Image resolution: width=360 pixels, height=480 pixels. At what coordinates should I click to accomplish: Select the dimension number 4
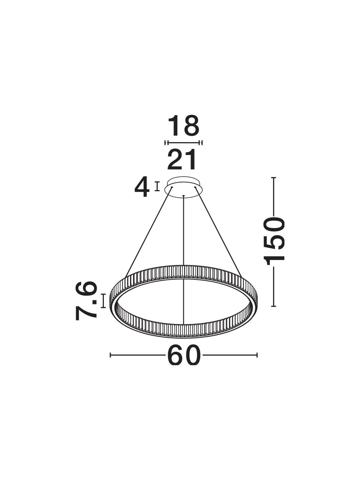pos(142,186)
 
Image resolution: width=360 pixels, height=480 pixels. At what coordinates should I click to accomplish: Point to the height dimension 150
pos(274,241)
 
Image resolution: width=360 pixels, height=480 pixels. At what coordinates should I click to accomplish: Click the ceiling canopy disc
pos(184,186)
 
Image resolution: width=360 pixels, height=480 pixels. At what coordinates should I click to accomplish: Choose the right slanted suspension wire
pos(219,232)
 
